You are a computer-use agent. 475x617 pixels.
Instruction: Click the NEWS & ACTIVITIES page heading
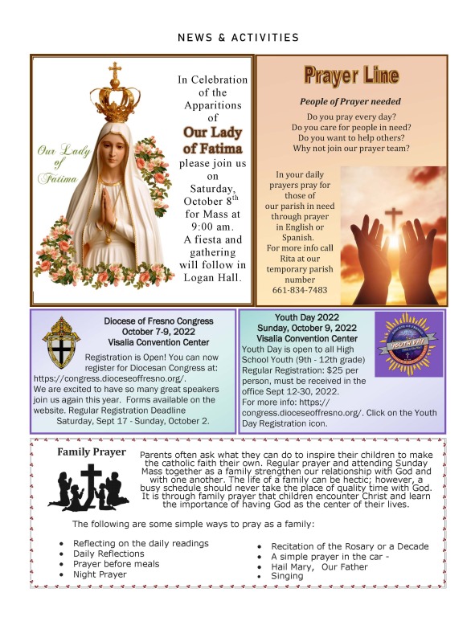238,37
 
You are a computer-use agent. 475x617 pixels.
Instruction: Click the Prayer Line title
350,77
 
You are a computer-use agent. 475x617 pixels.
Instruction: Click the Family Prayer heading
92,452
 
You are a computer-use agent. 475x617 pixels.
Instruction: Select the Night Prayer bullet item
100,574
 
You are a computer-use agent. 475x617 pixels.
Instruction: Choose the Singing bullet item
287,576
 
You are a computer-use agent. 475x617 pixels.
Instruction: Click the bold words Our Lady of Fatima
212,140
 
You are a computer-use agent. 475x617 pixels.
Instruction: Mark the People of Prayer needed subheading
350,102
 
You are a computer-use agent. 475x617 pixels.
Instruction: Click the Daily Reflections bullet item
109,554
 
